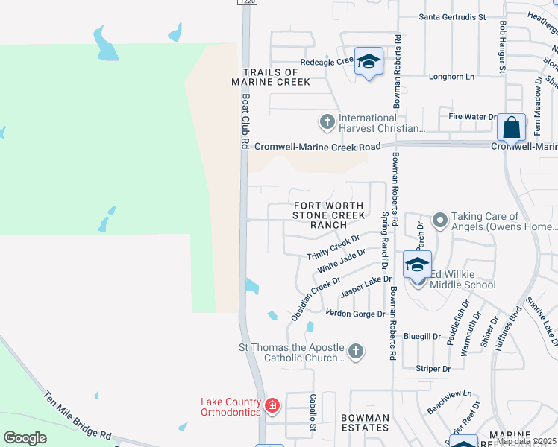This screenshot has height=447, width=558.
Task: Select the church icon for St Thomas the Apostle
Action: pyautogui.click(x=356, y=351)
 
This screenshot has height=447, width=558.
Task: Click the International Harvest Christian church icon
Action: pyautogui.click(x=326, y=121)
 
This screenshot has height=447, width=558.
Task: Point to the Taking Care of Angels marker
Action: pyautogui.click(x=439, y=220)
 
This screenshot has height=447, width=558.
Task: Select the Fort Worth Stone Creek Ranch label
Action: pyautogui.click(x=329, y=215)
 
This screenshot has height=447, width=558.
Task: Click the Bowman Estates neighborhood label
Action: pyautogui.click(x=365, y=422)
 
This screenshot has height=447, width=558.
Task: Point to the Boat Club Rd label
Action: pyautogui.click(x=244, y=119)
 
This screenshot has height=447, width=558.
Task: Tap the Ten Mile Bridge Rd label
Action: pyautogui.click(x=77, y=416)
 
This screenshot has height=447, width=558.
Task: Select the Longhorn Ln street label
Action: pyautogui.click(x=451, y=77)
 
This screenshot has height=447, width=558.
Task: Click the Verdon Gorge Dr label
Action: pyautogui.click(x=355, y=314)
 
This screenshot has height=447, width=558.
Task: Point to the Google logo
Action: pyautogui.click(x=25, y=437)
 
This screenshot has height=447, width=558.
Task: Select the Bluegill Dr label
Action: pyautogui.click(x=422, y=337)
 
